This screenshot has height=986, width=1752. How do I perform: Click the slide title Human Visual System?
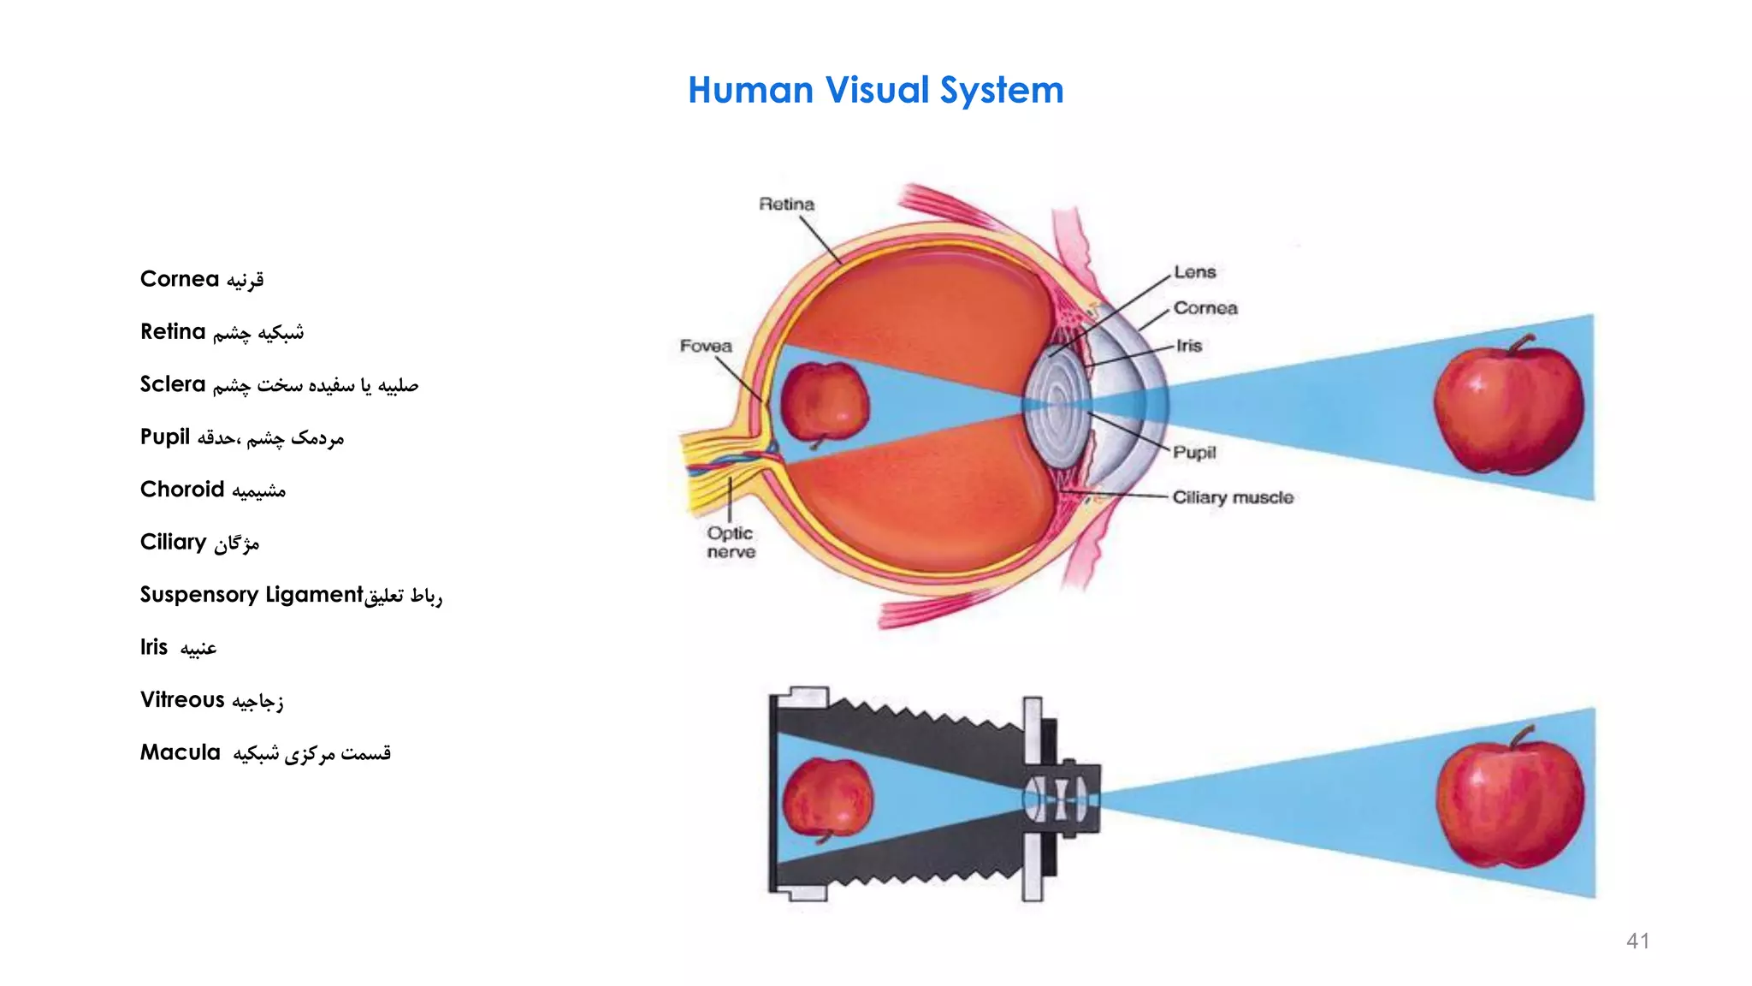click(875, 91)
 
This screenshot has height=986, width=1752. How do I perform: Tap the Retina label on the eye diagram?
click(786, 205)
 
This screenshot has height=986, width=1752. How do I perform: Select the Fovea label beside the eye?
click(706, 346)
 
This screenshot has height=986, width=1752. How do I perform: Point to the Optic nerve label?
click(731, 543)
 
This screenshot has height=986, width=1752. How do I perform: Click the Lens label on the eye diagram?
click(1194, 272)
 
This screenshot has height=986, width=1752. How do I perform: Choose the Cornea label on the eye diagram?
click(1204, 308)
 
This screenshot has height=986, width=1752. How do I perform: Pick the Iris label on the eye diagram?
click(1189, 346)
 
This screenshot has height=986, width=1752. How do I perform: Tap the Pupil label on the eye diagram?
click(1193, 453)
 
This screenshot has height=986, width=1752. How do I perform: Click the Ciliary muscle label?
click(1232, 497)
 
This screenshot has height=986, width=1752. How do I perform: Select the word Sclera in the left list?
click(173, 384)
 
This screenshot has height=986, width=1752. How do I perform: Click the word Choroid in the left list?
click(181, 490)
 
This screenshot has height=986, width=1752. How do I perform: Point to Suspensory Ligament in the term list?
click(252, 595)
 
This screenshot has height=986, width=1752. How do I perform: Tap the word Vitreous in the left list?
click(182, 700)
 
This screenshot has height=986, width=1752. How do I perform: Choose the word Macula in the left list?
click(180, 753)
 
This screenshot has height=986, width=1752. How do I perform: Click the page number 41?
click(1637, 941)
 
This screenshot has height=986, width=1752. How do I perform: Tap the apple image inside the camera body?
click(826, 798)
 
